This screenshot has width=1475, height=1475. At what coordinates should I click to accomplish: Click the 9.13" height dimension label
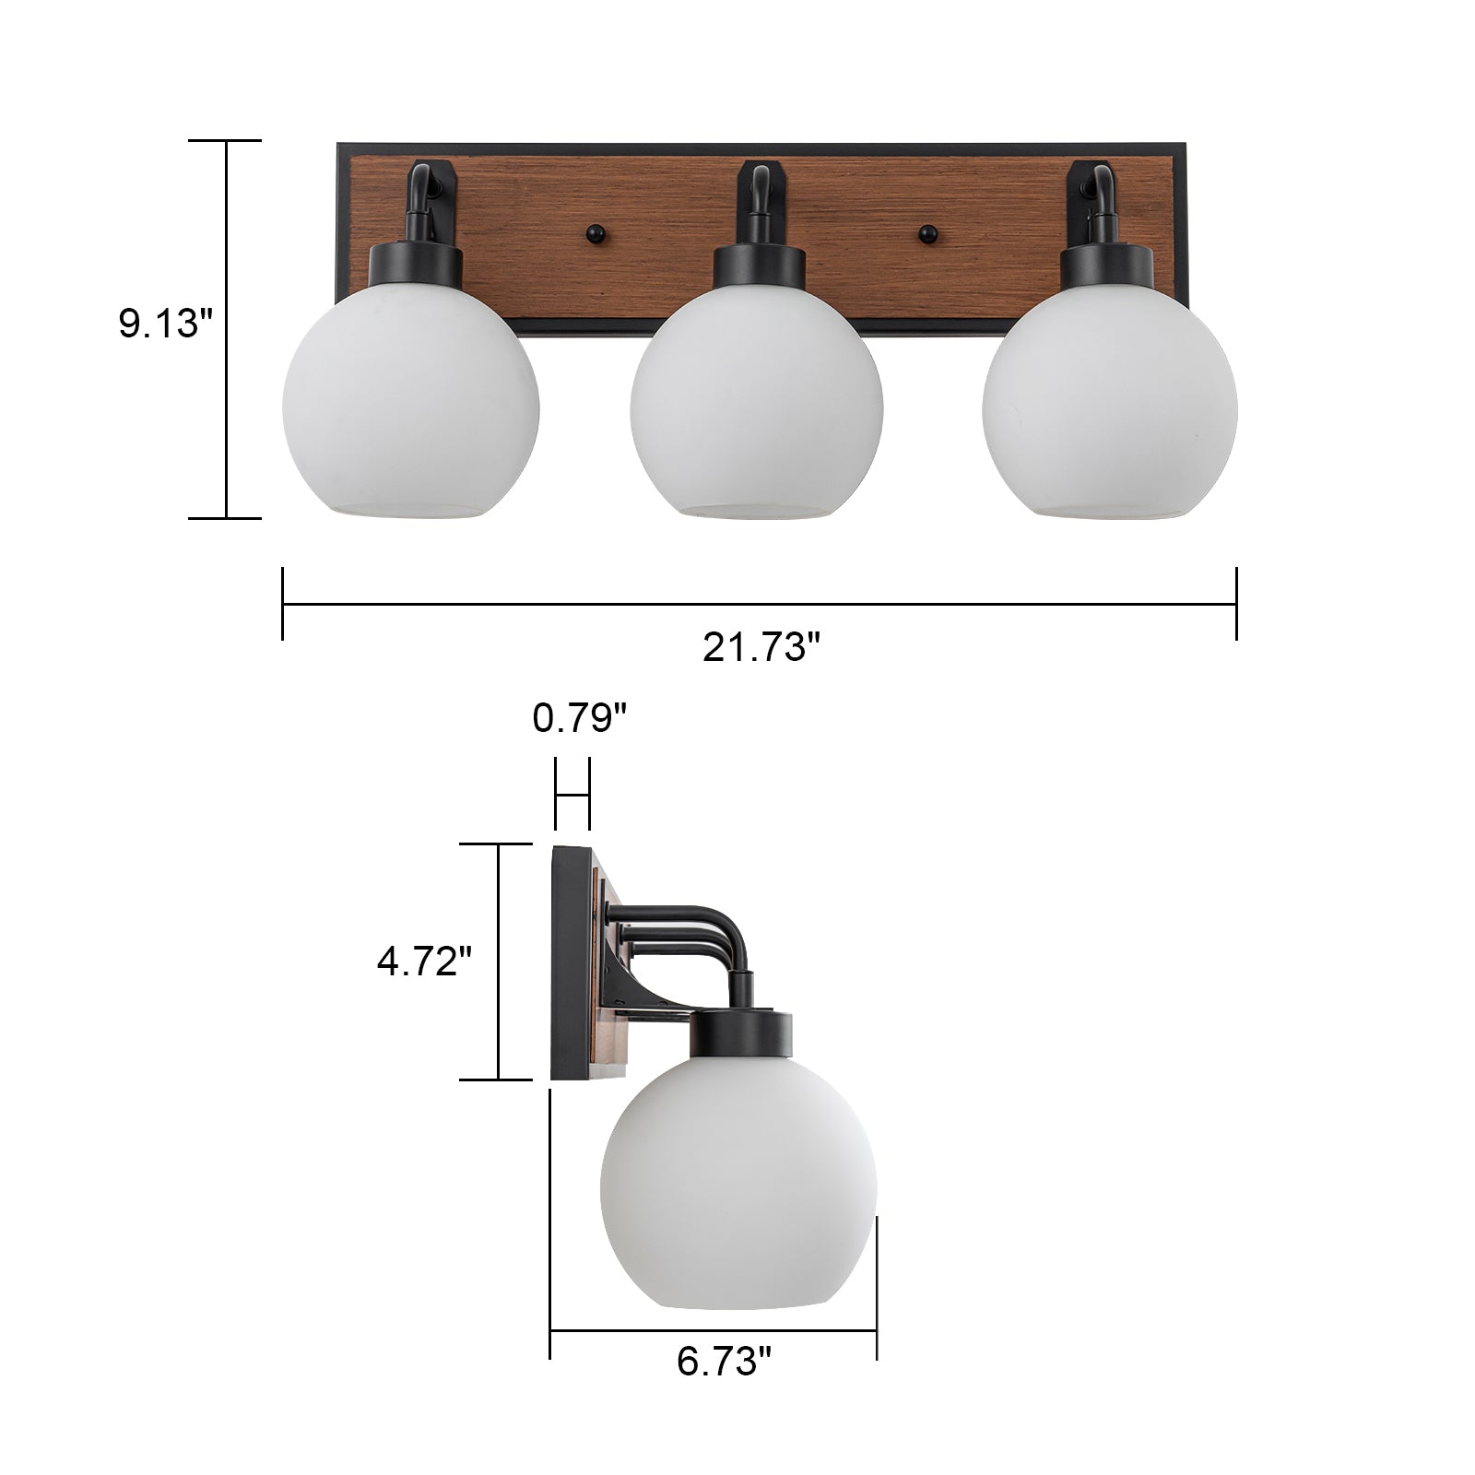[166, 324]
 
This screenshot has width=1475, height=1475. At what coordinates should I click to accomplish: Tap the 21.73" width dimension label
[761, 647]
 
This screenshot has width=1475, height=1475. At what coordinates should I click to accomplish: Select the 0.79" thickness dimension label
[580, 717]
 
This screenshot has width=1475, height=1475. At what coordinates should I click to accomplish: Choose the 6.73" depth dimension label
[724, 1386]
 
